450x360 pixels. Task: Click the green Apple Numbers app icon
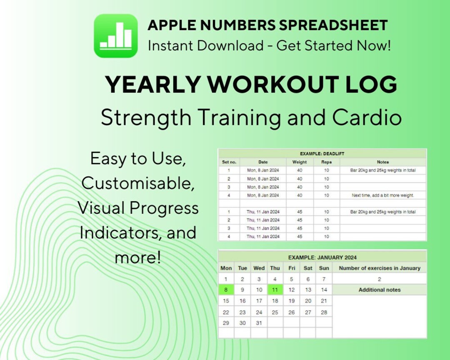tap(115, 36)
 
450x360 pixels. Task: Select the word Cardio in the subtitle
tap(367, 117)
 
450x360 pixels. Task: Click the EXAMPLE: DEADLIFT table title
tap(322, 154)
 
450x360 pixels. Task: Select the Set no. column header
tap(229, 162)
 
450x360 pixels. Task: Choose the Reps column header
tap(326, 162)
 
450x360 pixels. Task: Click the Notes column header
tap(382, 162)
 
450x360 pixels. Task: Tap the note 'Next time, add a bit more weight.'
tap(382, 195)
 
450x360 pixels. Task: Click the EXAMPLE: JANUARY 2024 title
tap(322, 257)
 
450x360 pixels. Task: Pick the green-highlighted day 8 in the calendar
tap(226, 290)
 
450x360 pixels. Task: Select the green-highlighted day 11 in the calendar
tap(275, 290)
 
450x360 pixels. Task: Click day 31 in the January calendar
tap(259, 323)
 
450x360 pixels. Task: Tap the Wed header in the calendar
tap(259, 268)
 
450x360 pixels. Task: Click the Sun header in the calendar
tap(324, 268)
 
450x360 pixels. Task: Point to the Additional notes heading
tap(380, 290)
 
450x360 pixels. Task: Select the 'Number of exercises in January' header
tap(380, 268)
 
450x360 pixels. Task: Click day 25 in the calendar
tap(275, 312)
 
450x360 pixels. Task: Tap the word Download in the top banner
tap(230, 45)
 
